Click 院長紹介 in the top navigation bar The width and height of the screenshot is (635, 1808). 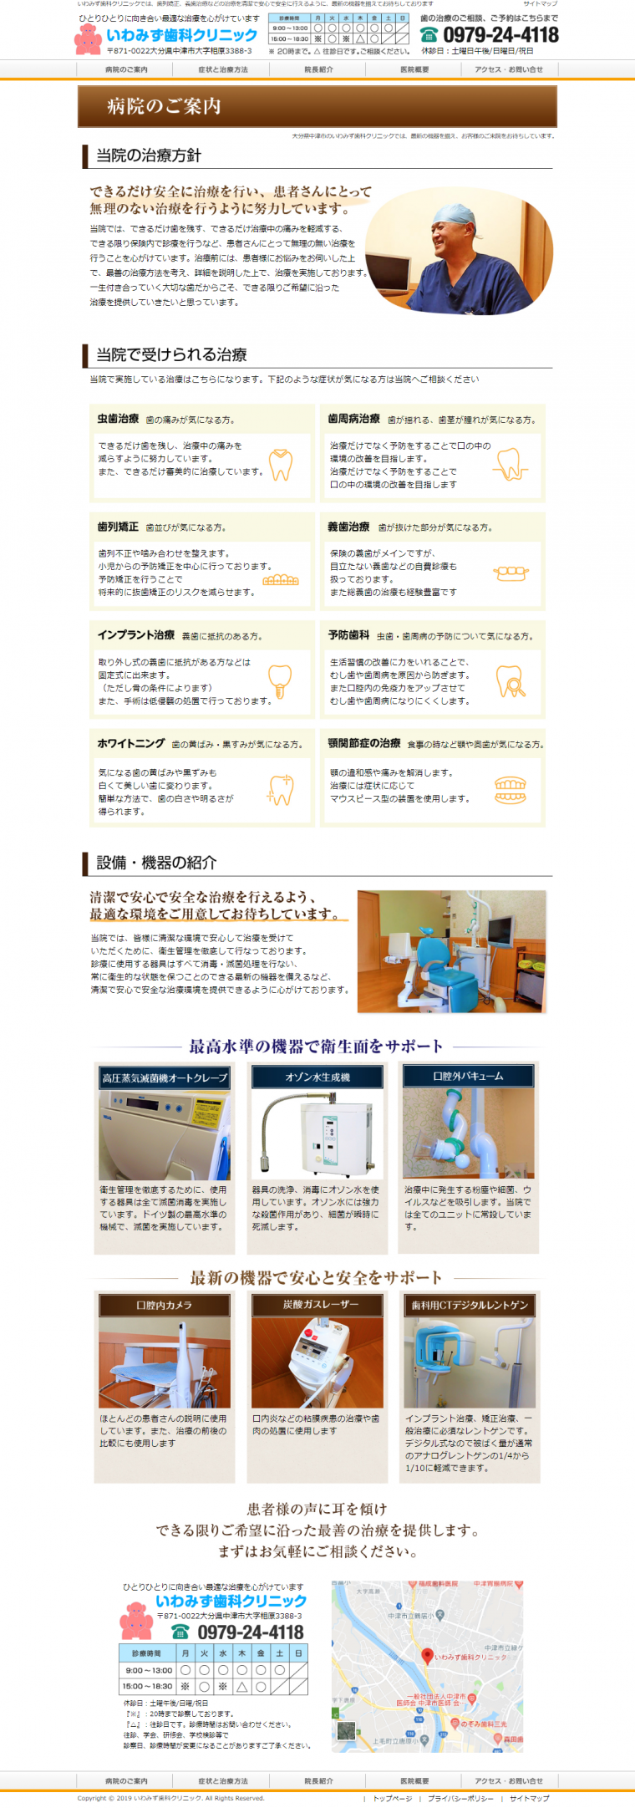click(318, 69)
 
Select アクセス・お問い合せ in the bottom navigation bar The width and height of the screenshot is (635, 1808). click(508, 1780)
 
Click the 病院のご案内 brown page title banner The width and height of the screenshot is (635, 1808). click(317, 106)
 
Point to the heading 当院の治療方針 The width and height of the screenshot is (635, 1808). click(149, 155)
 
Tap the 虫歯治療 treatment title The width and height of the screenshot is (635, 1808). click(118, 418)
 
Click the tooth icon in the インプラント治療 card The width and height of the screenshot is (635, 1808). click(280, 680)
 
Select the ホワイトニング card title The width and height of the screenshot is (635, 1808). click(130, 743)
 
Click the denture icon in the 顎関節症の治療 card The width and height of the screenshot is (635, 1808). click(510, 790)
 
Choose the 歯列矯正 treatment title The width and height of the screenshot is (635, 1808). click(118, 527)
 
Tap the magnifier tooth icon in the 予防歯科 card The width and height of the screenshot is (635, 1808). click(510, 681)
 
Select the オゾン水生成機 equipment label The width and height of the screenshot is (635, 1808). click(317, 1077)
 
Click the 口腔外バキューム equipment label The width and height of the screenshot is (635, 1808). click(468, 1076)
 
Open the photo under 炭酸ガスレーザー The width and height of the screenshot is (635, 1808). click(317, 1362)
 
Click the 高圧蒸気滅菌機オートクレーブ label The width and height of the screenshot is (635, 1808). click(165, 1078)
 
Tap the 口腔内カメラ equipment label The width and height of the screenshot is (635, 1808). click(164, 1305)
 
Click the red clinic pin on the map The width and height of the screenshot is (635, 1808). click(427, 1655)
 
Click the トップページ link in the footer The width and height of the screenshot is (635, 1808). click(392, 1798)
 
